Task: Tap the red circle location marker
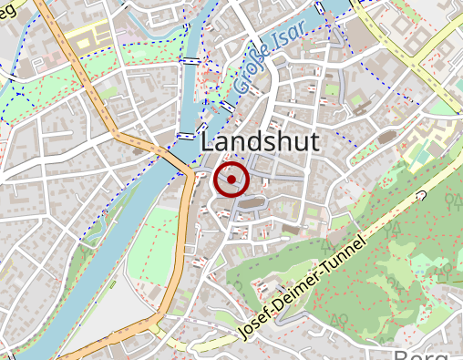[x=231, y=180]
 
